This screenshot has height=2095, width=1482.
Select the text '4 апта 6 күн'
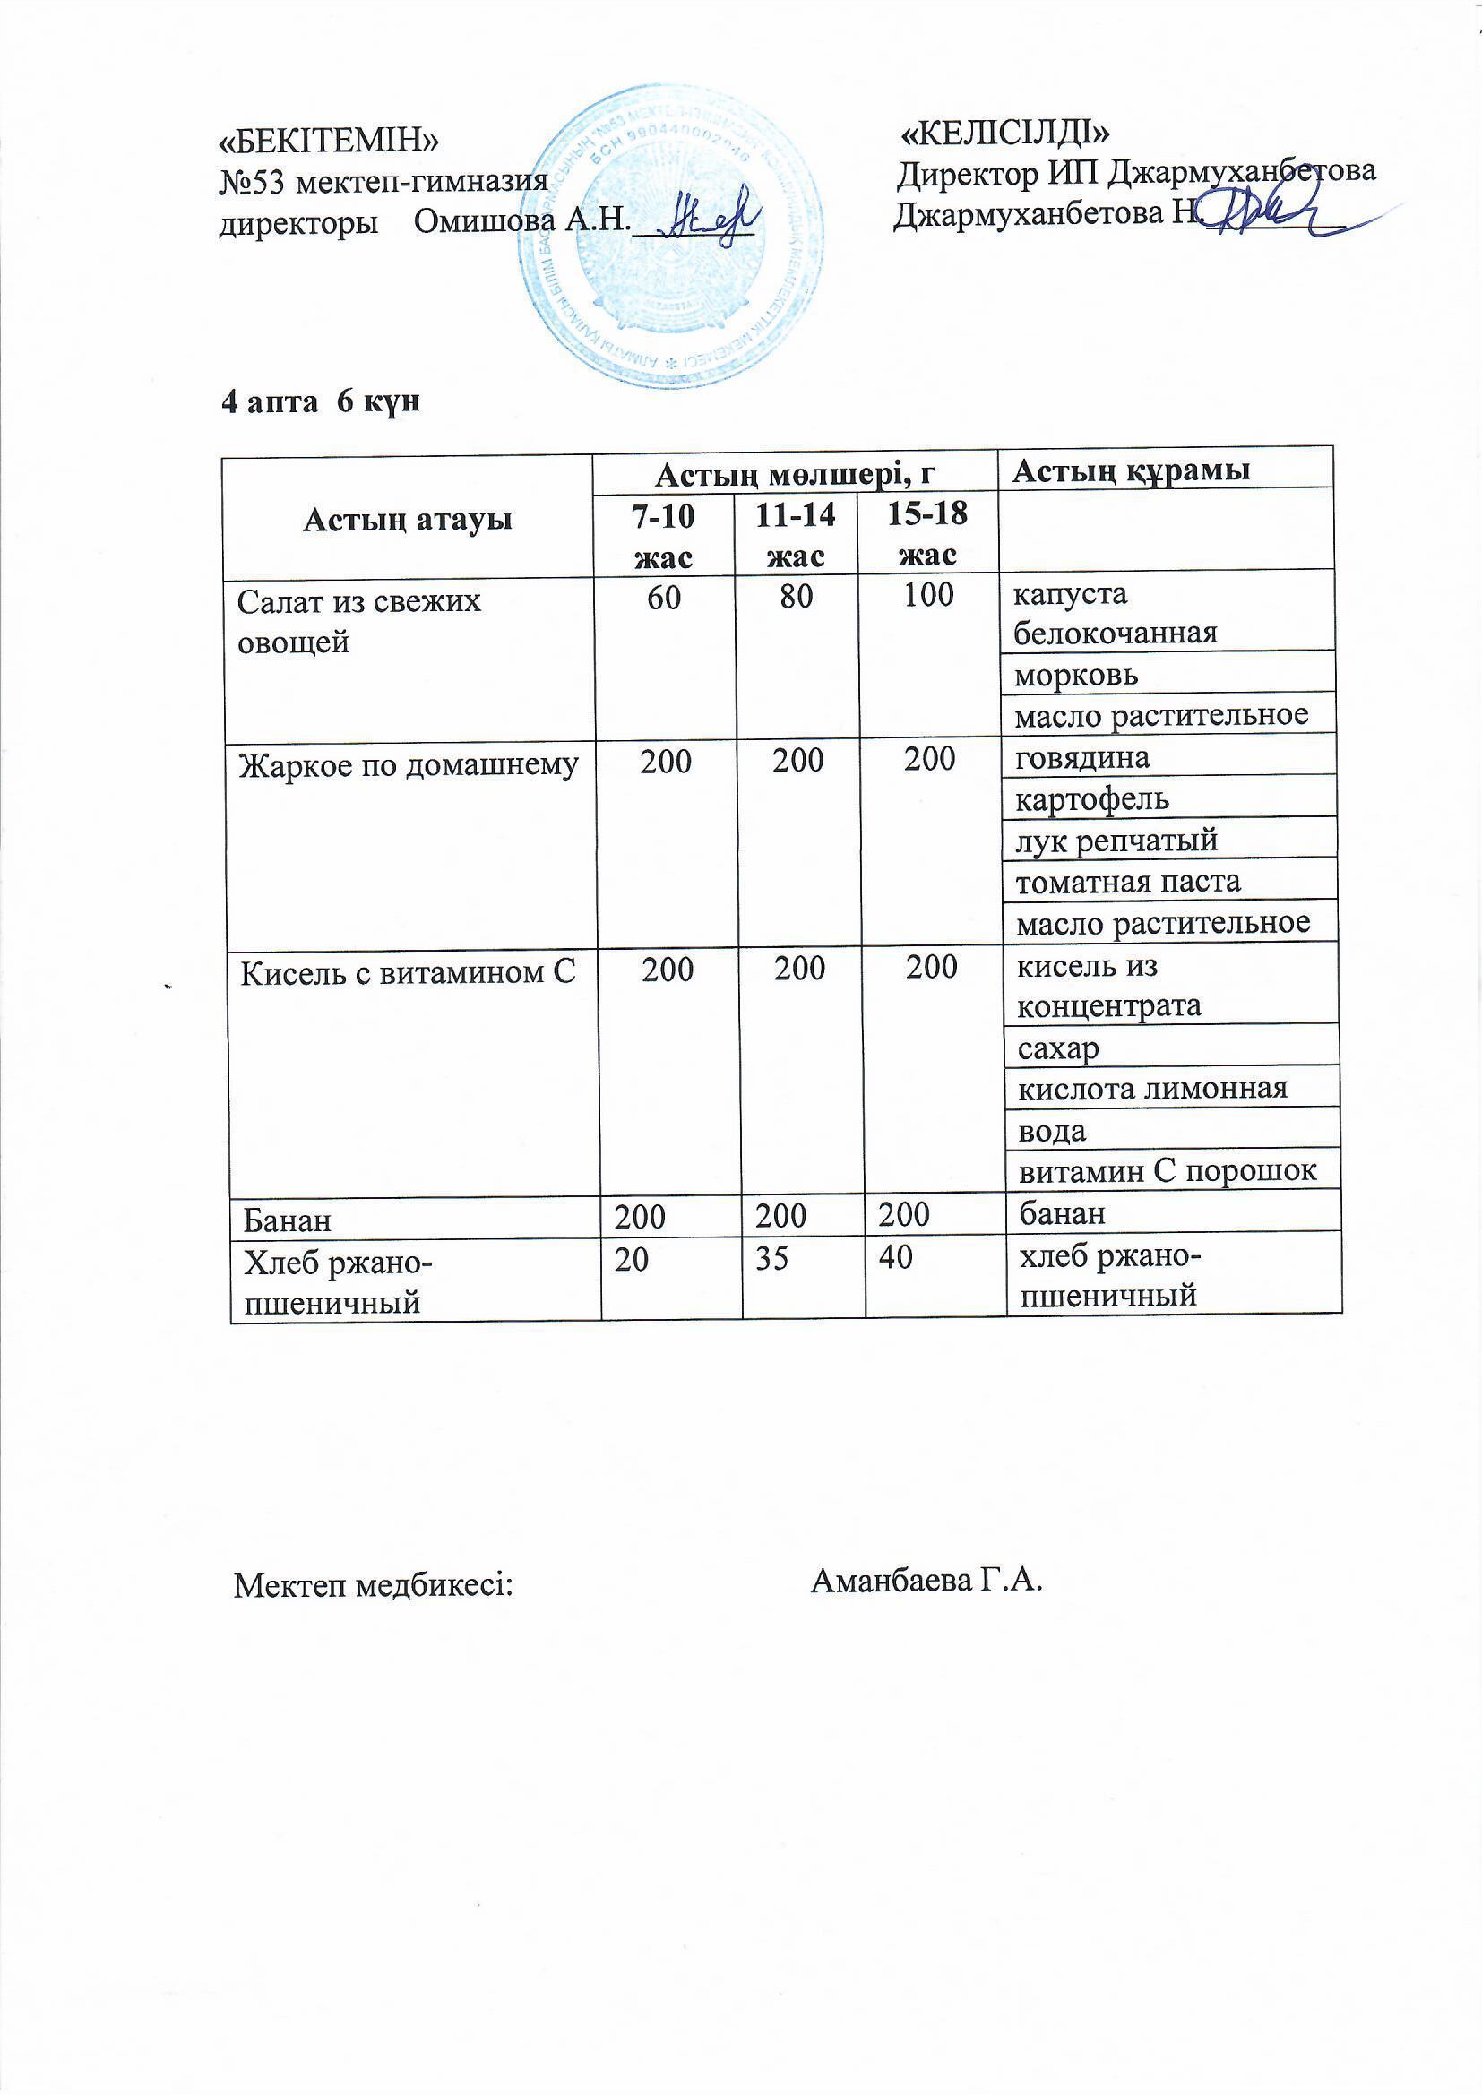coord(320,402)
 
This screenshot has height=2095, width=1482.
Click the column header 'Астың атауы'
coord(408,519)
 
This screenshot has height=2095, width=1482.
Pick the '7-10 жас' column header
coord(663,536)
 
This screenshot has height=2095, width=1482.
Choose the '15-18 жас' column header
coord(927,534)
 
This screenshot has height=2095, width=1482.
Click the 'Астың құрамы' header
coord(1132,470)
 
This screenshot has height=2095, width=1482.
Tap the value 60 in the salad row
coord(664,596)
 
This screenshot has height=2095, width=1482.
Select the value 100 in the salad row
coord(928,595)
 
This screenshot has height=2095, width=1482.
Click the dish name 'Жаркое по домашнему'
coord(409,765)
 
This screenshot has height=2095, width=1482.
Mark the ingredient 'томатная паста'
coord(1128,882)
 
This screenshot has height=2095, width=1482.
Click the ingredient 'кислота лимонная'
coord(1151,1088)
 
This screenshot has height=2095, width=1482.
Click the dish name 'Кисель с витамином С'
coord(408,973)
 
